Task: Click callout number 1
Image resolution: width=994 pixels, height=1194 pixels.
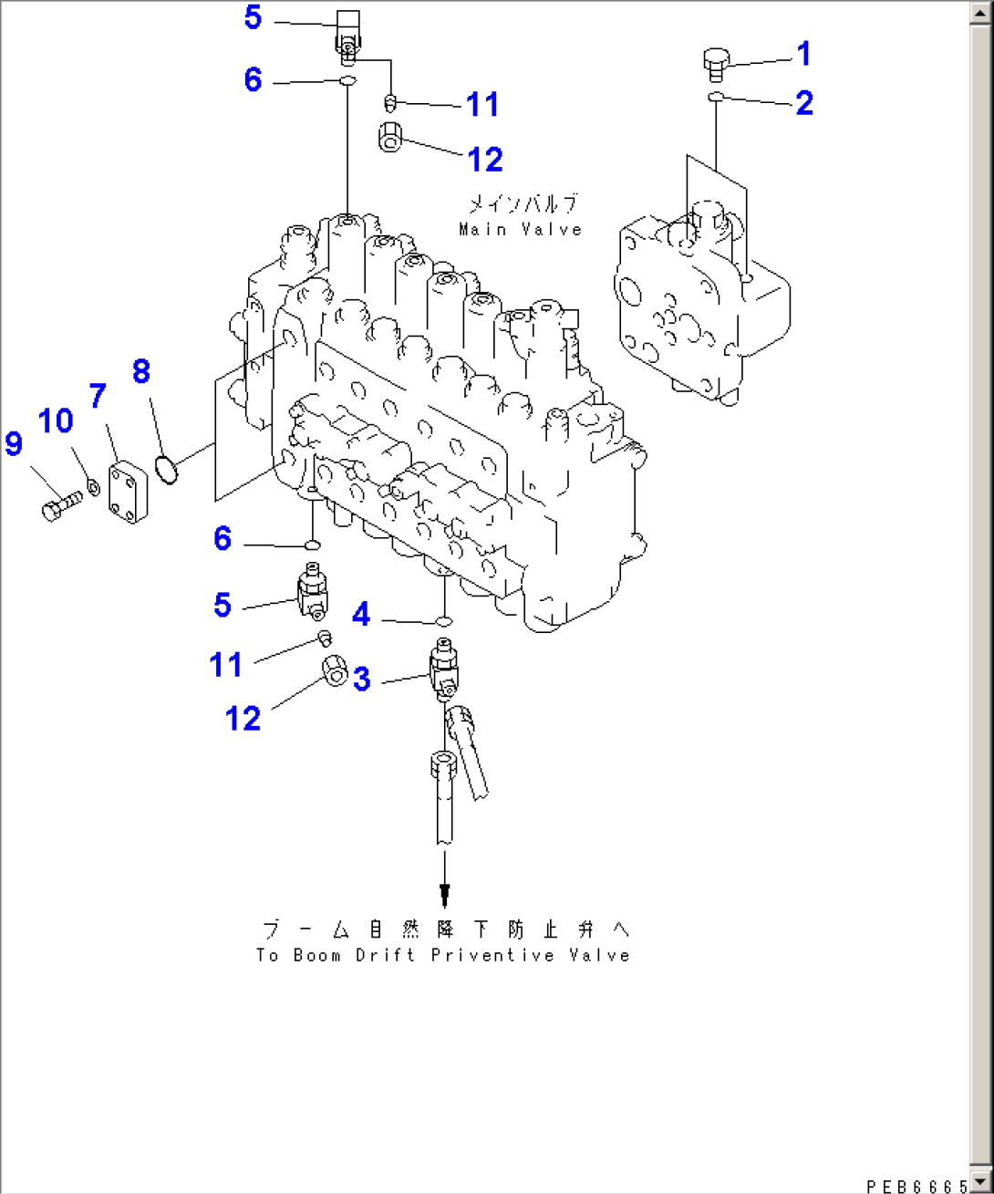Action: coord(804,54)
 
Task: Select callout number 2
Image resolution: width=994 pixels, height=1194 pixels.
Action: coord(804,103)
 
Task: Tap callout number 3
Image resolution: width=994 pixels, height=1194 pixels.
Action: coord(362,679)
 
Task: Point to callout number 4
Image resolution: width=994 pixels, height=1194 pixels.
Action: coord(361,614)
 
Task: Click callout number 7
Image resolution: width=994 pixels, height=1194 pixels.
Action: coord(98,396)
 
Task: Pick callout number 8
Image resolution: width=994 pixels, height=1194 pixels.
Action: coord(141,371)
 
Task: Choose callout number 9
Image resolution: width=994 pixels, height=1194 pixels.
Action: coord(14,443)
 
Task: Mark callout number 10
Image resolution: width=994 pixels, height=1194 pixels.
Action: coord(56,420)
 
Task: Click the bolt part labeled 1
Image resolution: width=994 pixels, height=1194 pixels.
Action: coord(716,66)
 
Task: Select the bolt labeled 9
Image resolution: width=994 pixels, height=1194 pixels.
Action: coord(61,504)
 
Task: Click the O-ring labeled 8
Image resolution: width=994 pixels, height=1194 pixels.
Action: coord(167,469)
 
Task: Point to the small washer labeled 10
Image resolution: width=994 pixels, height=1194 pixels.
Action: coord(93,488)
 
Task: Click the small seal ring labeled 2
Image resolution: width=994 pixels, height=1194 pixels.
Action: coord(716,97)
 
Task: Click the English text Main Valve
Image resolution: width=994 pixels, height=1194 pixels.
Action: coord(520,230)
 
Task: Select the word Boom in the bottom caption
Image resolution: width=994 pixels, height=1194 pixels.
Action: coord(316,956)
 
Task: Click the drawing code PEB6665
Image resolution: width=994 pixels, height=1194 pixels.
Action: coord(916,1187)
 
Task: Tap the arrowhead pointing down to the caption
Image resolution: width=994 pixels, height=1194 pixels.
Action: coord(444,896)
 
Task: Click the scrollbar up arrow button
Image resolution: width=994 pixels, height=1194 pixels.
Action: coord(980,13)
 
